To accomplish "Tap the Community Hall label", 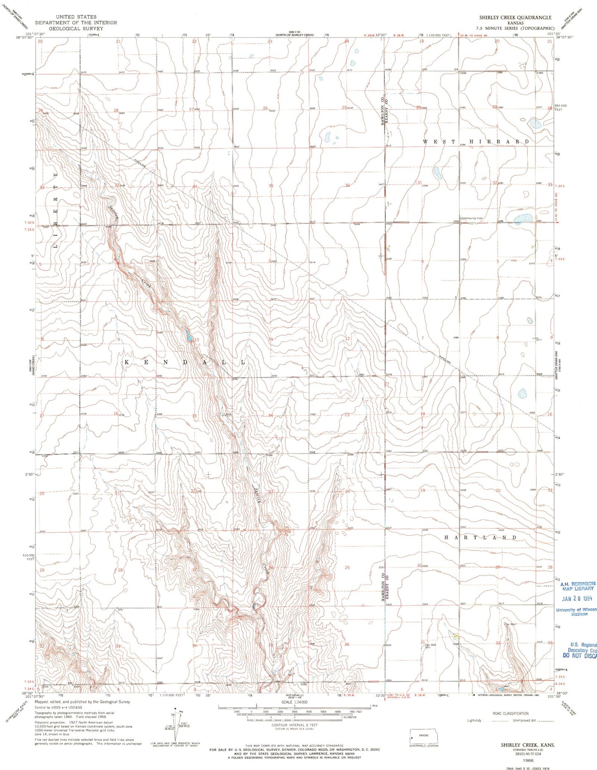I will [x=472, y=218].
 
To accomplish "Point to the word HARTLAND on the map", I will [x=480, y=538].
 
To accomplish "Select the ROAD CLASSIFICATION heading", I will [x=510, y=713].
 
